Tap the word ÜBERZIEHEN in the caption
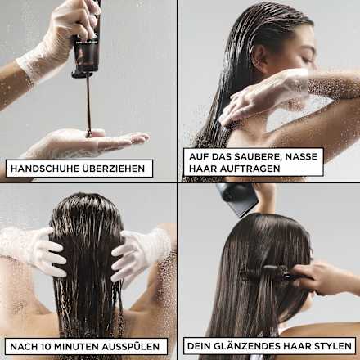coord(114,169)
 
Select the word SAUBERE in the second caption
coord(253,155)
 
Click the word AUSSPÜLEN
coord(139,345)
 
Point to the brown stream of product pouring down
coord(88,106)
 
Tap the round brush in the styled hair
coord(263,272)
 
